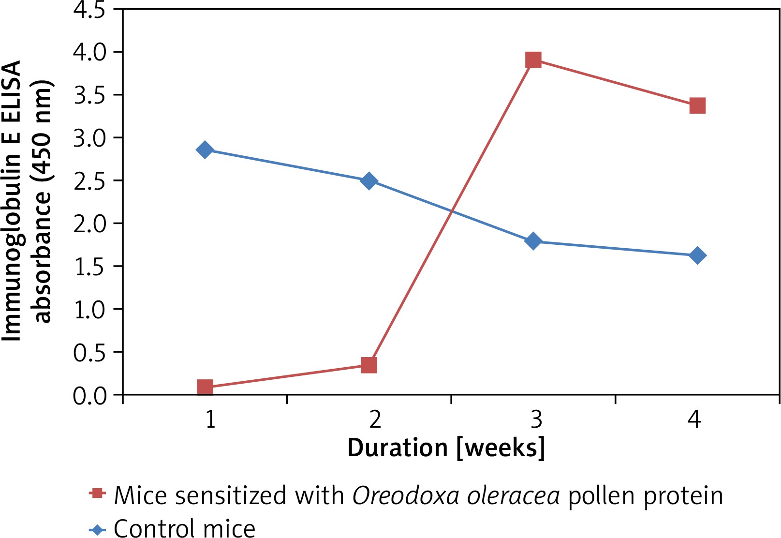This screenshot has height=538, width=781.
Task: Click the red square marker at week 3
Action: click(533, 60)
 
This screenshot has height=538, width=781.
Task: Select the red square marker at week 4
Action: click(697, 105)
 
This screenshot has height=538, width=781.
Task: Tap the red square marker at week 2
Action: click(369, 365)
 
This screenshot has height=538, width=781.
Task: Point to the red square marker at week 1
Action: click(205, 387)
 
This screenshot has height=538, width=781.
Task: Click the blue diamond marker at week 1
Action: click(205, 150)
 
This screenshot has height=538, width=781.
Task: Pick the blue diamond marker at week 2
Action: click(369, 181)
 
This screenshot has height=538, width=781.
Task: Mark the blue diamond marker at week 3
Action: click(533, 241)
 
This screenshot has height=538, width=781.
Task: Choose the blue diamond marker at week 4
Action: click(697, 255)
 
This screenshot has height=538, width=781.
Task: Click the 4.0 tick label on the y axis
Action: click(90, 52)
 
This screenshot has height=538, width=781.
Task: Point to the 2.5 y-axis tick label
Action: click(90, 180)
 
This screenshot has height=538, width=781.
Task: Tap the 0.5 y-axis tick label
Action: click(90, 353)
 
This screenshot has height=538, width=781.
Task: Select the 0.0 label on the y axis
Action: click(90, 396)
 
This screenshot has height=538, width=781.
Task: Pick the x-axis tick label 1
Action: click(210, 419)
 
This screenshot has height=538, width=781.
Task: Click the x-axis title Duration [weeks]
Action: click(446, 448)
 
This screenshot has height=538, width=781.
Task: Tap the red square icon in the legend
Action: click(98, 493)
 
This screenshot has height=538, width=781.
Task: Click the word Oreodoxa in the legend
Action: click(400, 495)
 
